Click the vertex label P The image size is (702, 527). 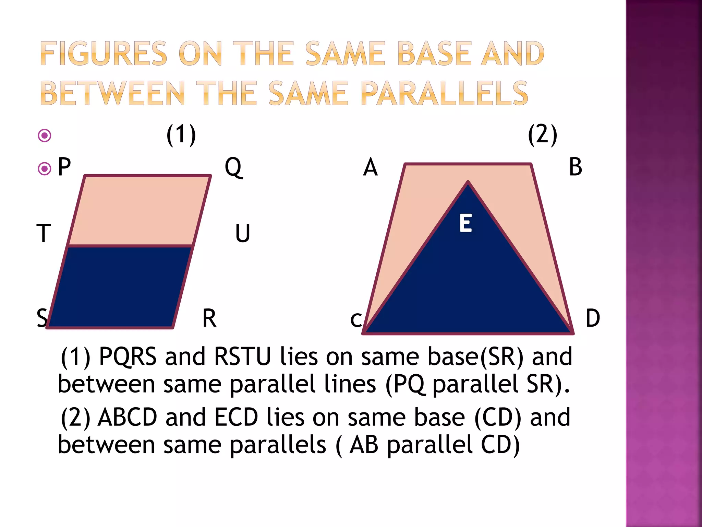64,167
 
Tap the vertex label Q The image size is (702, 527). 233,167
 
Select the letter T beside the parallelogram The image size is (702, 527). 44,233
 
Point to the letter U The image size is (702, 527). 242,233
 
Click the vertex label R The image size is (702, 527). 209,318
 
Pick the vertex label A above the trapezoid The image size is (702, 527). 371,167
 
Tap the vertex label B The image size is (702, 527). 576,167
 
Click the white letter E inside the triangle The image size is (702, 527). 465,223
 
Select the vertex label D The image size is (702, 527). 593,318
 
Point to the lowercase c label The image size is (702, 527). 356,320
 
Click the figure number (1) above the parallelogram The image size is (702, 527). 181,135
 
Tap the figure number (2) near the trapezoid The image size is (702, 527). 543,135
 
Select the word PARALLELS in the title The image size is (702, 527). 445,93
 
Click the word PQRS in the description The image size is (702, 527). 128,357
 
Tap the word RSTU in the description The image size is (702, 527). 242,357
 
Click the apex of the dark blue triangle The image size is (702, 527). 468,183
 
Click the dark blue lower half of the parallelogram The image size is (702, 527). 118,286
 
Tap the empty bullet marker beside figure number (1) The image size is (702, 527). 45,136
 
